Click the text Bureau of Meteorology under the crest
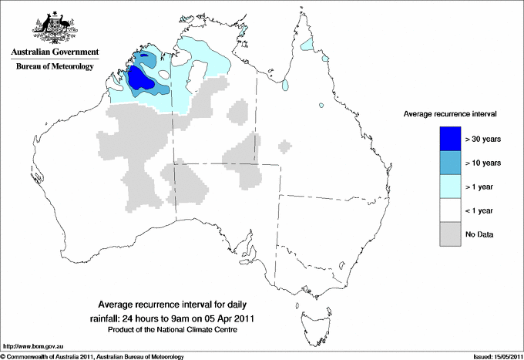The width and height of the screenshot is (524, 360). [54, 66]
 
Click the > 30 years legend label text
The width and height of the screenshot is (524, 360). [483, 139]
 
